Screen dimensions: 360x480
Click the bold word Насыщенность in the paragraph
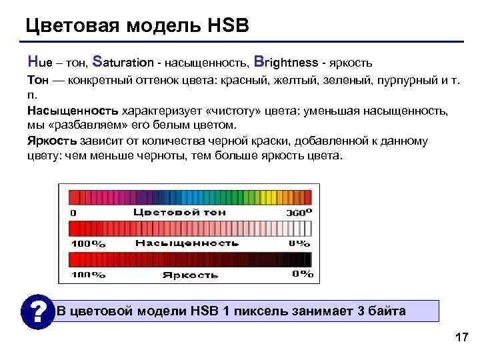(73, 110)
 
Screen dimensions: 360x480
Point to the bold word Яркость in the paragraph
(52, 141)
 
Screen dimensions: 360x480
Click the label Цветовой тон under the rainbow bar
(179, 212)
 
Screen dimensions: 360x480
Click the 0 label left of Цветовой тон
(73, 213)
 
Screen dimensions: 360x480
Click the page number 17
(460, 337)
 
